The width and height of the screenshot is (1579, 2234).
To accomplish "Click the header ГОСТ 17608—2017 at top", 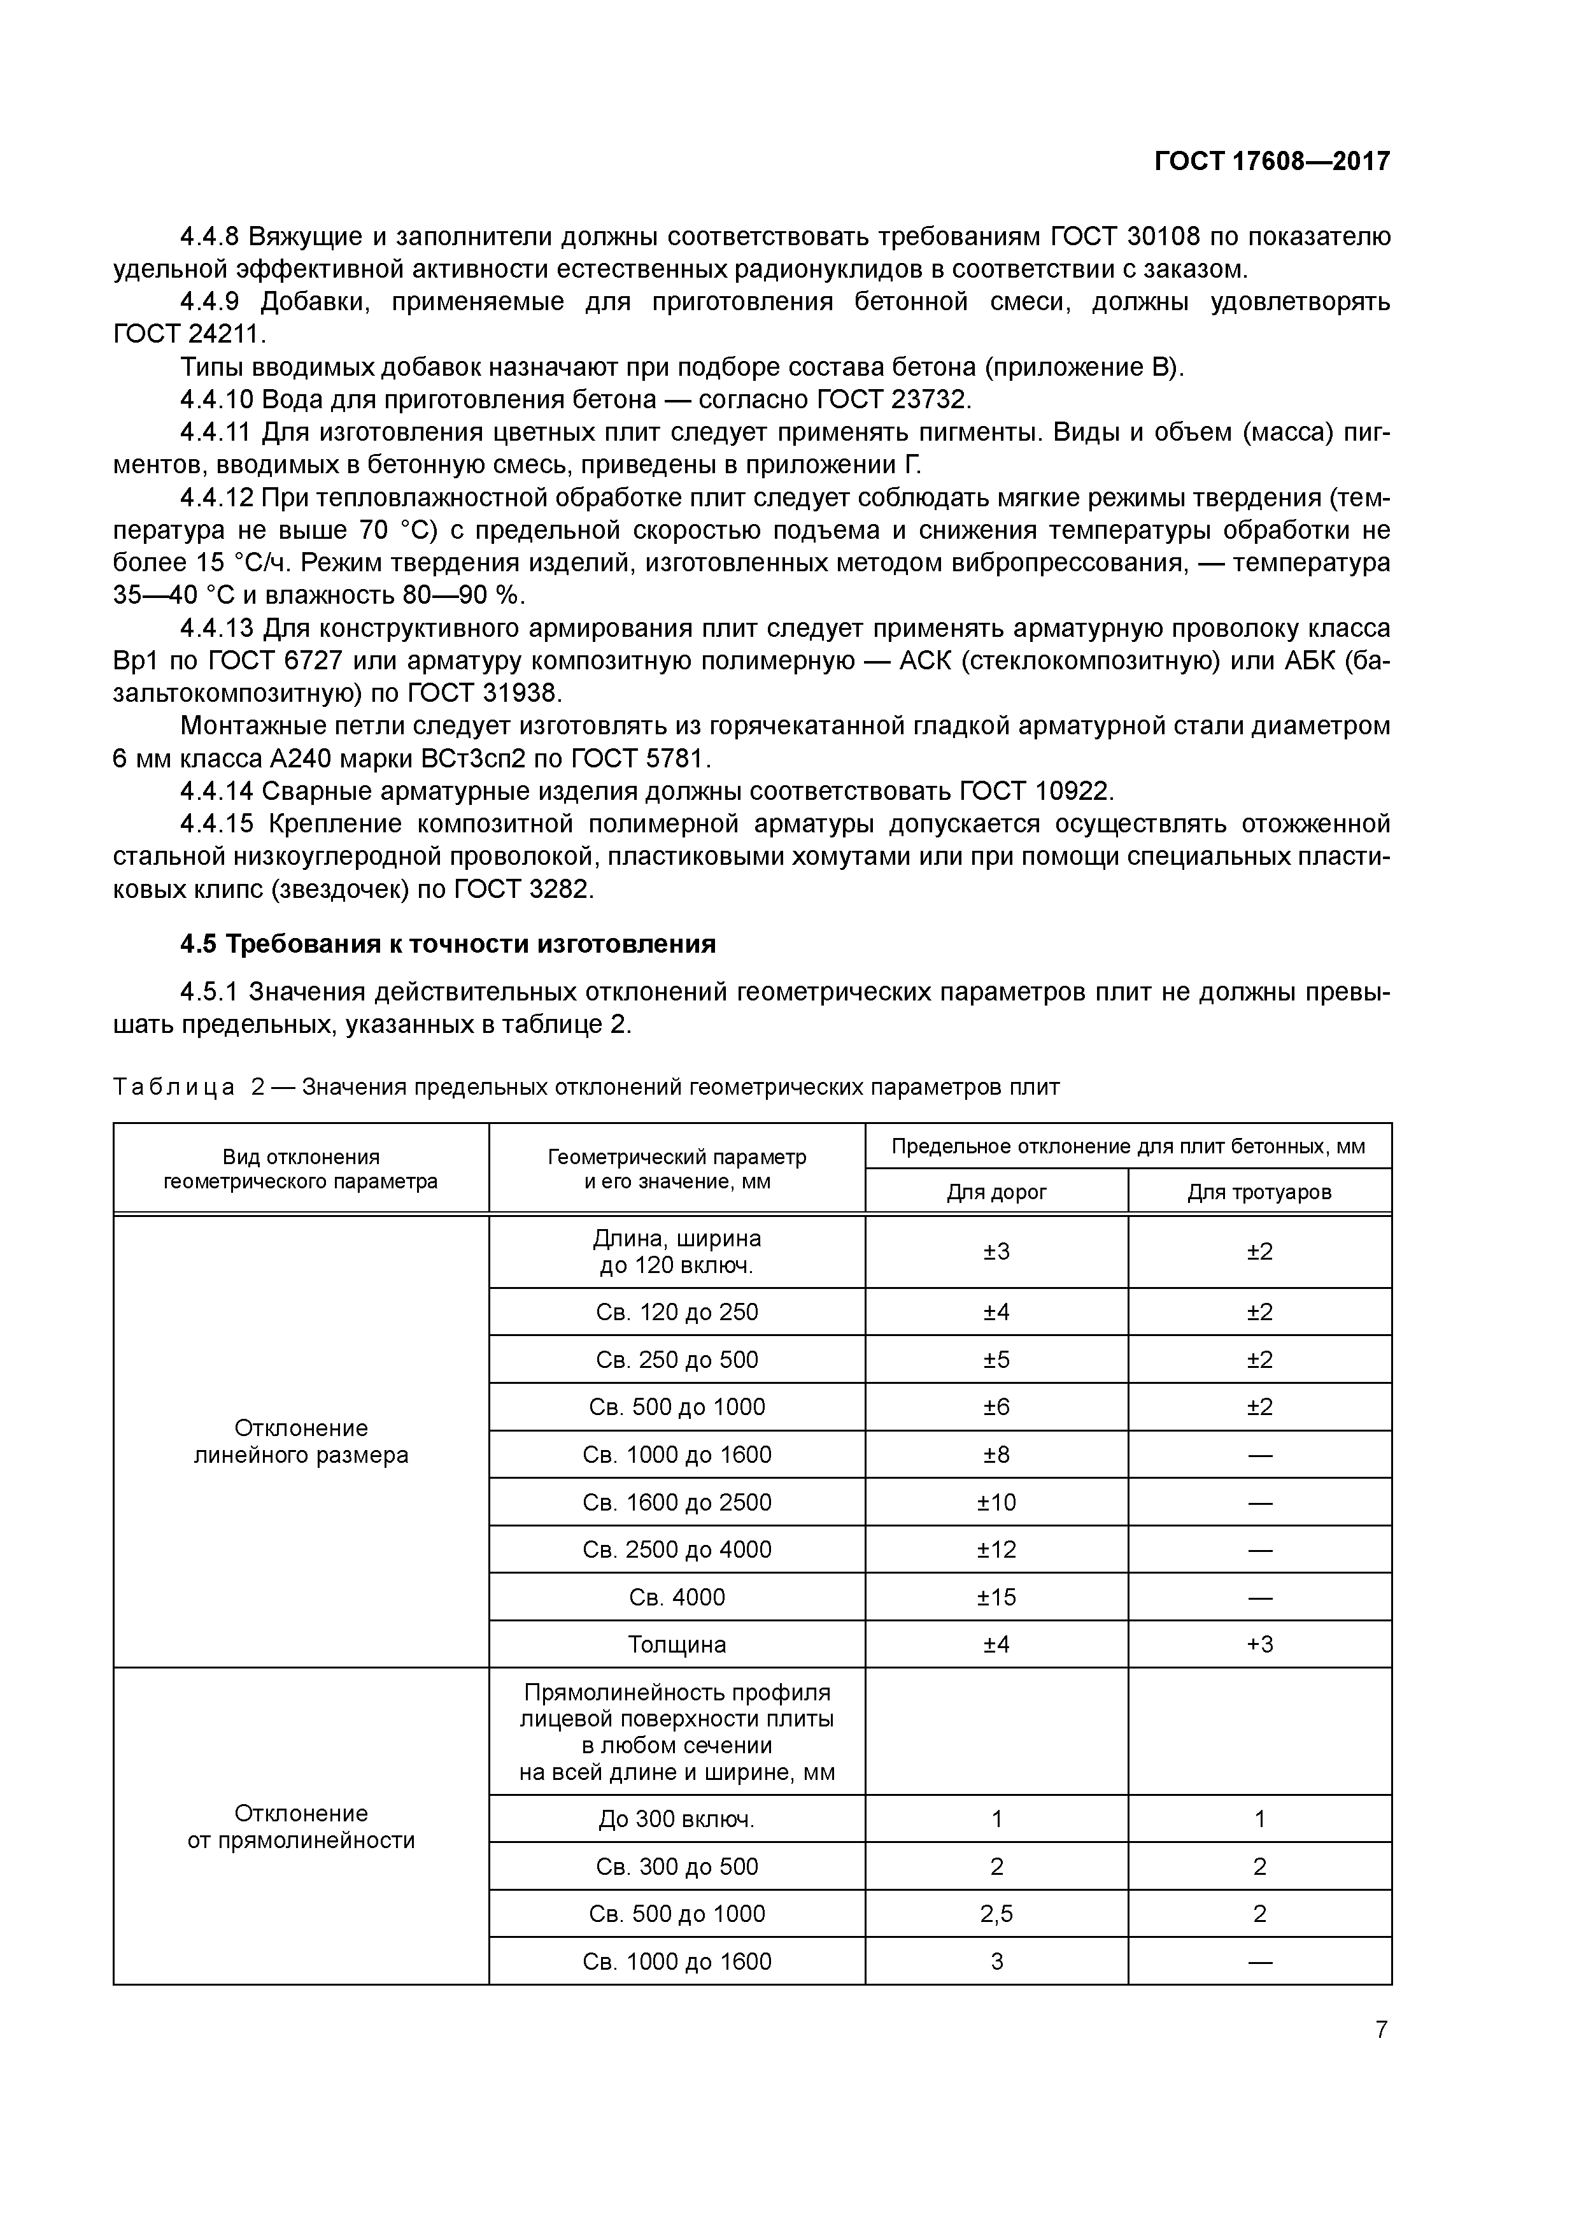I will (x=1271, y=162).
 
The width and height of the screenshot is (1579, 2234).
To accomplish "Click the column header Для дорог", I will (x=996, y=1192).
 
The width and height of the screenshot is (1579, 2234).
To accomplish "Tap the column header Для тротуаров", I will (x=1259, y=1192).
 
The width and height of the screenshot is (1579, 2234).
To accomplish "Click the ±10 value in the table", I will (x=996, y=1502).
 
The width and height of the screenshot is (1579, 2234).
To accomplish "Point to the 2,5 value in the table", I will (x=996, y=1914).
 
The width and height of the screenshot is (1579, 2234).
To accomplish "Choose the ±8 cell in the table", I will (x=996, y=1455).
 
